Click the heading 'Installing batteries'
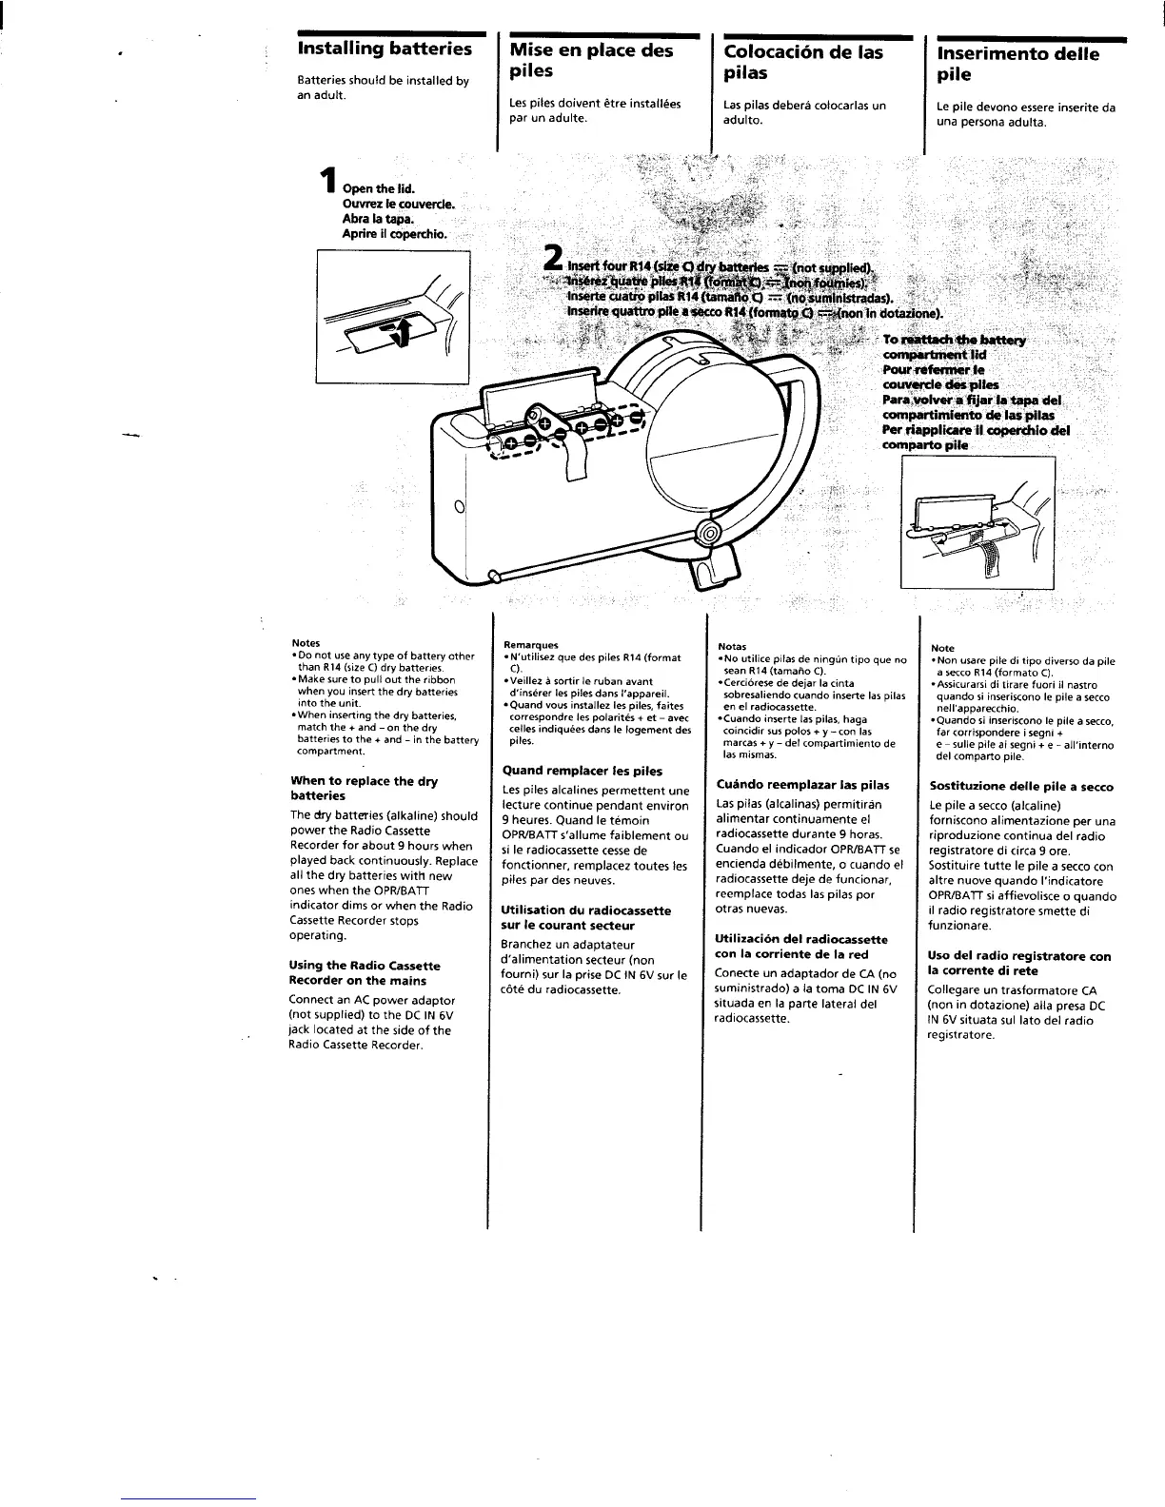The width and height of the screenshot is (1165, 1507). coord(385,49)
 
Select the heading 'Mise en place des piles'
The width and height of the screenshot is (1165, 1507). coord(590,60)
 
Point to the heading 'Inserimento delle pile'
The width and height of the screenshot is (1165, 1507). coord(1017,63)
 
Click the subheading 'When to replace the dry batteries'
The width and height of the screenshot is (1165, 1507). coord(364,788)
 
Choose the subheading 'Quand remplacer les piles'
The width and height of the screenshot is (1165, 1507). coord(582,771)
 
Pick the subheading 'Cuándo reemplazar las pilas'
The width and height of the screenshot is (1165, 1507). coord(802,785)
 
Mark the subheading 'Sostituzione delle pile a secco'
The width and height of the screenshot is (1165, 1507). coord(1020,787)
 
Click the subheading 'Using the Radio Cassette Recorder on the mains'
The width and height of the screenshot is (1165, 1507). coord(365,972)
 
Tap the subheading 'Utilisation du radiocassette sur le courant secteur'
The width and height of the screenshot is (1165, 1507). coord(585,917)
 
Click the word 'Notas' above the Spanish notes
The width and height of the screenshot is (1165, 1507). coord(732,647)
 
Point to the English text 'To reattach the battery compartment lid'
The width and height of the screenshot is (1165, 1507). coord(952,347)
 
